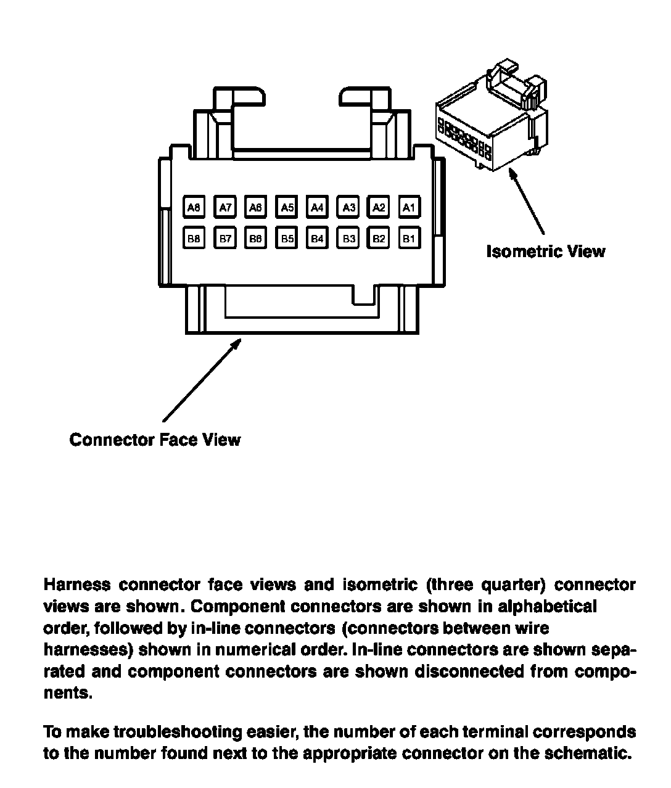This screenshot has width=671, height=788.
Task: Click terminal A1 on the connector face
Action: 409,207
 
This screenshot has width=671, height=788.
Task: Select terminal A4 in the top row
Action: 317,207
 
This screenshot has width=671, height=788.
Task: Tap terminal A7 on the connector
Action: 225,207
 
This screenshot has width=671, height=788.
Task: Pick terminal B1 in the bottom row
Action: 409,238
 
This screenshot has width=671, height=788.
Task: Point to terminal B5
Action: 287,238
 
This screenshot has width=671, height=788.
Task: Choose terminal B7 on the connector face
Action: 225,238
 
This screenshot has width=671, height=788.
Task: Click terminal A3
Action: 348,207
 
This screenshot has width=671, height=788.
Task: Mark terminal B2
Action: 379,238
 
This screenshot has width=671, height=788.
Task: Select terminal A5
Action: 287,207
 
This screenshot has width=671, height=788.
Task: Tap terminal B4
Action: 317,238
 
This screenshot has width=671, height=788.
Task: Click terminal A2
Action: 379,207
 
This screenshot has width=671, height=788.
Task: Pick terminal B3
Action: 348,238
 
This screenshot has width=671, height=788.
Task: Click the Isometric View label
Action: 545,252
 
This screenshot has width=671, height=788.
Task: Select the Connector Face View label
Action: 155,440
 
